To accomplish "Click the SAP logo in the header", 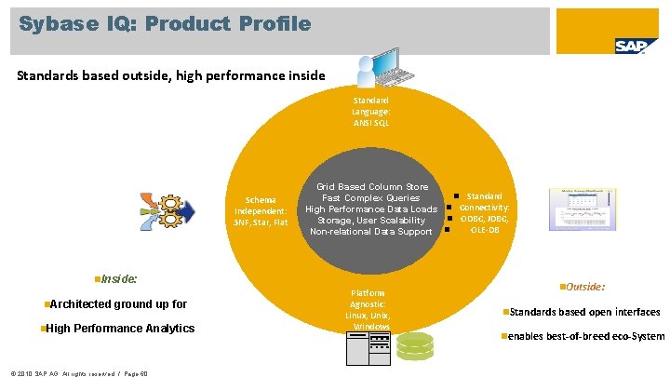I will coord(636,46).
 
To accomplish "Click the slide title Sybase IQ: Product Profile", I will coord(166,23).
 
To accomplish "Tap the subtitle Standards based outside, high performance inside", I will coord(171,75).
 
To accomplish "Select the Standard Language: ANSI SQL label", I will coord(371,111).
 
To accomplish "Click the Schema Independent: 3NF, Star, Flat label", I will coord(261,211).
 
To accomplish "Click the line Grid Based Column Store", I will coord(372,187).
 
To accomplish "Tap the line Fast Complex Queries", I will coord(371,198).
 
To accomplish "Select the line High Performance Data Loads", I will coord(371,209).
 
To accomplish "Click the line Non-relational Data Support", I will coord(371,232).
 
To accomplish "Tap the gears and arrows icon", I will coord(167,209).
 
